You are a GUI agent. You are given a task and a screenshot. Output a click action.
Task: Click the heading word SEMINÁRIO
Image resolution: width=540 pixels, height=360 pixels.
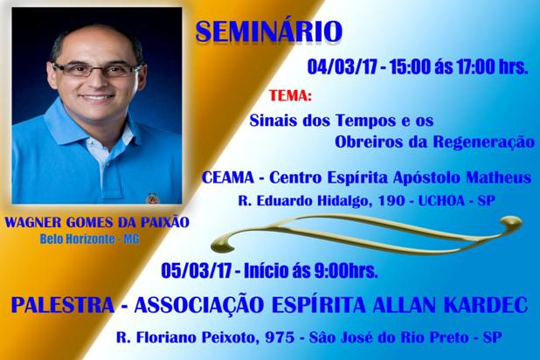[269, 31]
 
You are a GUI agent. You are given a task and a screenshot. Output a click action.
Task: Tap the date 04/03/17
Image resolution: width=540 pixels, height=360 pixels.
[342, 66]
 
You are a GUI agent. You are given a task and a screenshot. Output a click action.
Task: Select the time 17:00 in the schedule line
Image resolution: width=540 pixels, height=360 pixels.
[475, 66]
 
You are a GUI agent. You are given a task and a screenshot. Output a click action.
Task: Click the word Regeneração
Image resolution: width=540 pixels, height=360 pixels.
[484, 142]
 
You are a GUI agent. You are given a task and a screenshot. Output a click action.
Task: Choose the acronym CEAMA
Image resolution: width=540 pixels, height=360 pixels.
[228, 177]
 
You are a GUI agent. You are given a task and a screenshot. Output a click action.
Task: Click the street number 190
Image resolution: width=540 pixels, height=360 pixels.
[391, 200]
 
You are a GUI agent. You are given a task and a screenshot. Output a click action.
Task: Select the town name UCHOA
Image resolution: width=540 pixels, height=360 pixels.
[441, 200]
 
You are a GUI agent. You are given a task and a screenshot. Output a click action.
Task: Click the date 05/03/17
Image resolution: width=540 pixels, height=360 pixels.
[197, 271]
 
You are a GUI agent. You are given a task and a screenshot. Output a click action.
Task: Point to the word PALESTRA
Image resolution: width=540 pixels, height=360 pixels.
[62, 305]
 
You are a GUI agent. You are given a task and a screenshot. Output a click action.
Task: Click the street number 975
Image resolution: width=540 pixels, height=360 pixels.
[280, 337]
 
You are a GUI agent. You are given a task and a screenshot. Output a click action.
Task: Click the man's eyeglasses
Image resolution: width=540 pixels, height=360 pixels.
[98, 69]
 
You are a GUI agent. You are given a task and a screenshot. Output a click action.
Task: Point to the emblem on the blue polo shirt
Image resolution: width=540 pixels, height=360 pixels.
[152, 198]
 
